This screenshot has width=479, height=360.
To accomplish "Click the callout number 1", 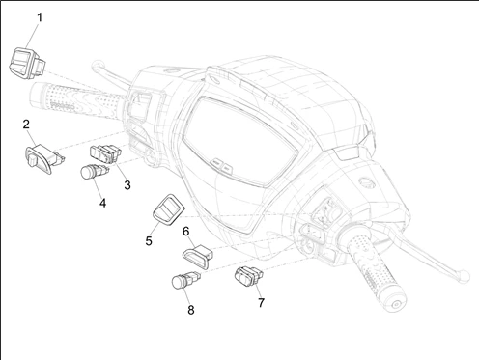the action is pos(40,17).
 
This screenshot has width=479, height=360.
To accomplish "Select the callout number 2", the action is pos(26,125).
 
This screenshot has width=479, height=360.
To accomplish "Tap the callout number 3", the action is pos(127,185).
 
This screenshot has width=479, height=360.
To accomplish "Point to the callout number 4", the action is pos(102,203).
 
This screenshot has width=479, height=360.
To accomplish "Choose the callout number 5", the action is pos(149,240).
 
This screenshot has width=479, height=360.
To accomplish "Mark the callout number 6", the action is pos(186,231).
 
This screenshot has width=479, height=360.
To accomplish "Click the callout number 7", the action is pos(261,303).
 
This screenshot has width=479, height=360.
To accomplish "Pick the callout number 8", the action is pos(191,310).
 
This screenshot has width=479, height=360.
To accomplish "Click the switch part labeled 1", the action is pos(27,63).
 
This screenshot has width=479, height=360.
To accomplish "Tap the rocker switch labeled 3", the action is pos(105,153).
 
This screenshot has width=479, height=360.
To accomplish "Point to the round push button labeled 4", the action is pos(94,172).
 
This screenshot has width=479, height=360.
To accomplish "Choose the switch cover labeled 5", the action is pos(168,208).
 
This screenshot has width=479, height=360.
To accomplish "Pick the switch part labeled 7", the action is pos(249,276).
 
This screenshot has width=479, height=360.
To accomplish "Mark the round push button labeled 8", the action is pos(185,280).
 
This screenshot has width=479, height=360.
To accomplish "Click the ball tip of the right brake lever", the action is pos(464,277).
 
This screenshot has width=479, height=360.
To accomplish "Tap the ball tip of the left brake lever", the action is pos(97,66).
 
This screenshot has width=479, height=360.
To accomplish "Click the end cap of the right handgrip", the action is pos(396,303).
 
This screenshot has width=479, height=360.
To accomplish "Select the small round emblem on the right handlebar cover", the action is pos(367,181).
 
